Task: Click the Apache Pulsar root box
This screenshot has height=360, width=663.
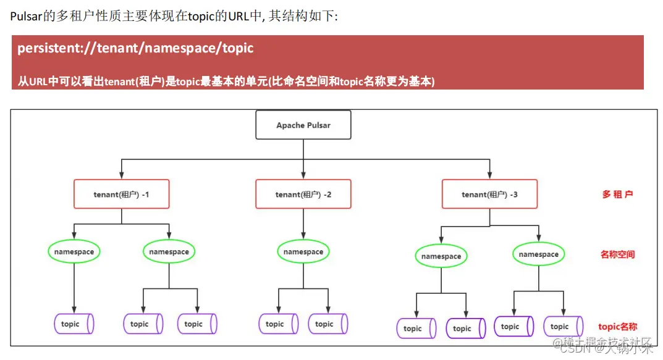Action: click(x=303, y=125)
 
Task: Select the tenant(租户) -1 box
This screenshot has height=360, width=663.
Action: click(x=121, y=194)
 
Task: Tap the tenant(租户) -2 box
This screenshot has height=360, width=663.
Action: click(x=303, y=194)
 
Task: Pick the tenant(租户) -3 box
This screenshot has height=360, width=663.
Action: click(x=489, y=194)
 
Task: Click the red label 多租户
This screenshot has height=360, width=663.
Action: click(x=617, y=194)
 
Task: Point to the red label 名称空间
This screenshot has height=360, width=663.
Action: click(x=617, y=254)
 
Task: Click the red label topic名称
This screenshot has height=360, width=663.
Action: click(x=617, y=327)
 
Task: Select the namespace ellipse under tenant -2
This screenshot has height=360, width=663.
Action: click(x=303, y=251)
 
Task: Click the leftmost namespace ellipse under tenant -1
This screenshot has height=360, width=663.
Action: click(x=74, y=251)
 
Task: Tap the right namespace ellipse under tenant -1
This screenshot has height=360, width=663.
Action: click(x=169, y=251)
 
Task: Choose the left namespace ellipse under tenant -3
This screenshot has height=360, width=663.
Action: click(x=441, y=256)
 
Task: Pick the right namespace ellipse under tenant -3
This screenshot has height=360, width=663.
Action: click(x=538, y=254)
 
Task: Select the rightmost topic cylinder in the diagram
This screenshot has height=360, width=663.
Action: click(x=563, y=327)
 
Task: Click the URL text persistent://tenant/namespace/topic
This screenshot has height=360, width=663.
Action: click(x=135, y=48)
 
